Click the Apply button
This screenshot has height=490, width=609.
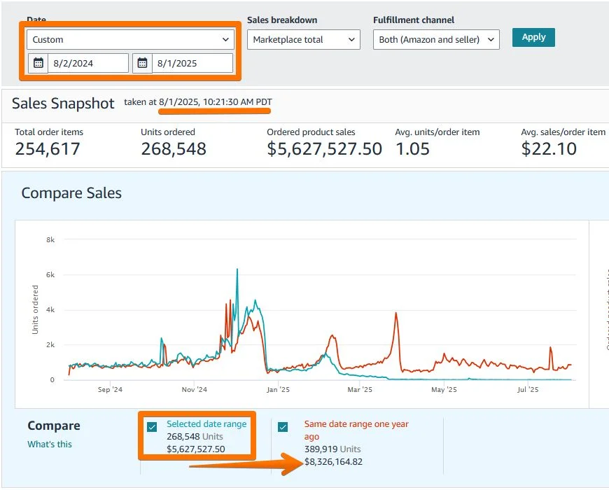pyautogui.click(x=533, y=37)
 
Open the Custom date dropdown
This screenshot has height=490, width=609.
pyautogui.click(x=131, y=40)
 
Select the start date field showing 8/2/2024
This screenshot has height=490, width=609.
pyautogui.click(x=87, y=63)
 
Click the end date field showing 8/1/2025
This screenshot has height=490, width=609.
pyautogui.click(x=192, y=63)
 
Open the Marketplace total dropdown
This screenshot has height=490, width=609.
pyautogui.click(x=304, y=40)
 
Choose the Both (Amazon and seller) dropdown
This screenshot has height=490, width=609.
pyautogui.click(x=435, y=40)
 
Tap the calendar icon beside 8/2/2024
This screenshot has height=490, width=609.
pyautogui.click(x=38, y=63)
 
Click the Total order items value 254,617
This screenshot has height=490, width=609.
pyautogui.click(x=48, y=148)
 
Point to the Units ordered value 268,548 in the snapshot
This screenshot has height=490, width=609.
pyautogui.click(x=174, y=148)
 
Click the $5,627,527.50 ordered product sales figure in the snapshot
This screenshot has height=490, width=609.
pyautogui.click(x=325, y=148)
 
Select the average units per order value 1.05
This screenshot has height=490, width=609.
pyautogui.click(x=412, y=148)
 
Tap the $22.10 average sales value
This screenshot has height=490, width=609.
pyautogui.click(x=549, y=148)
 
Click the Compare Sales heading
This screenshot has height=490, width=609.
pyautogui.click(x=71, y=193)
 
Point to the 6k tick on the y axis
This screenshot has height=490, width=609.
pyautogui.click(x=50, y=274)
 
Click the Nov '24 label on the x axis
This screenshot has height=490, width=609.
pyautogui.click(x=194, y=389)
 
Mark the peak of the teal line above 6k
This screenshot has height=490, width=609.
pyautogui.click(x=237, y=269)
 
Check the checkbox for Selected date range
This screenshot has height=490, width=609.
pyautogui.click(x=152, y=427)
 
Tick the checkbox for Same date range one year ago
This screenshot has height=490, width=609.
pyautogui.click(x=283, y=427)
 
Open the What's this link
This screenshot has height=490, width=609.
pyautogui.click(x=49, y=444)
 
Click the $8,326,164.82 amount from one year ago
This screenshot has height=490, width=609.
pyautogui.click(x=333, y=461)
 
